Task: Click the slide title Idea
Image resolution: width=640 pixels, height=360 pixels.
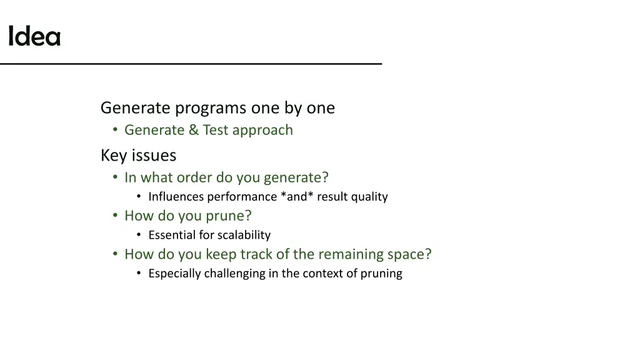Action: coord(34,37)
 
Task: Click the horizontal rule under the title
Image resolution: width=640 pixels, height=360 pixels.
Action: coord(191,64)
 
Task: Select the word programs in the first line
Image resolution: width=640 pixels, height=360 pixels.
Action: coord(211,108)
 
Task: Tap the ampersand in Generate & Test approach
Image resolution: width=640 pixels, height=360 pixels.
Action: coord(194,130)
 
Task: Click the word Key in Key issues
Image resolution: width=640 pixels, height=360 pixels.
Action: coord(114,155)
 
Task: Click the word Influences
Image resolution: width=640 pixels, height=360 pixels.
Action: coord(176,197)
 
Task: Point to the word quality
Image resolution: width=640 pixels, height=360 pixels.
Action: coord(369,197)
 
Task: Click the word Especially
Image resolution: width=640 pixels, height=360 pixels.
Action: coord(175,274)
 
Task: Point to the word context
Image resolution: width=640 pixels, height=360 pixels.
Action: coord(323,274)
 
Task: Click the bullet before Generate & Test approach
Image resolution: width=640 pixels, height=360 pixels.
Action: coord(115,130)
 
